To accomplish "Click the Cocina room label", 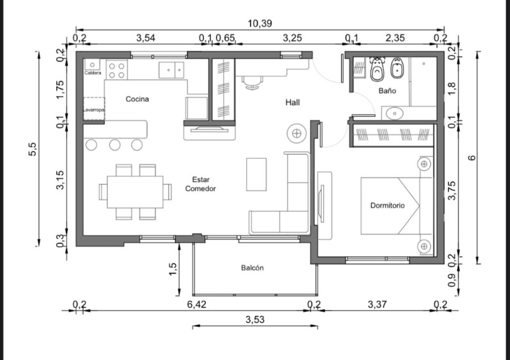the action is pos(137,99).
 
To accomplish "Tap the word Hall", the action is pos(293,103).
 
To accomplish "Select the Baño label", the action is pos(387,90).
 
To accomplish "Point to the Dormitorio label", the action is pos(388,206).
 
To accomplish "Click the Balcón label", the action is pos(252,268).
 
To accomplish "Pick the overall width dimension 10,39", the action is pos(259,24).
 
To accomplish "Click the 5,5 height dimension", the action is pos(33,149).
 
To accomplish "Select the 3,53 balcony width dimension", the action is pos(254,320).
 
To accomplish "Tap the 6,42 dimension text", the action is pos(196,305).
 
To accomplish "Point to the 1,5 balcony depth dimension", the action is pos(173,269).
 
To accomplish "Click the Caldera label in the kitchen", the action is pos(92,73).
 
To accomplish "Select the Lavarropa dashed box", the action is pos(94,109).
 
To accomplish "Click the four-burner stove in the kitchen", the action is pos(117,71).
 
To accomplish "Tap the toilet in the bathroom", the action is pos(377,69).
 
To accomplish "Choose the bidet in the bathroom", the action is pos(397,68).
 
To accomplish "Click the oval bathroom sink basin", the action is pos(395,113).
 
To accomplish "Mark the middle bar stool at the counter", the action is pos(115,145).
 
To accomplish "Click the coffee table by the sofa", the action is pos(256,175).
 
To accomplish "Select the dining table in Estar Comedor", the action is pos(135,192).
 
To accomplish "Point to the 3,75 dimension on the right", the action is pos(451,191).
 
